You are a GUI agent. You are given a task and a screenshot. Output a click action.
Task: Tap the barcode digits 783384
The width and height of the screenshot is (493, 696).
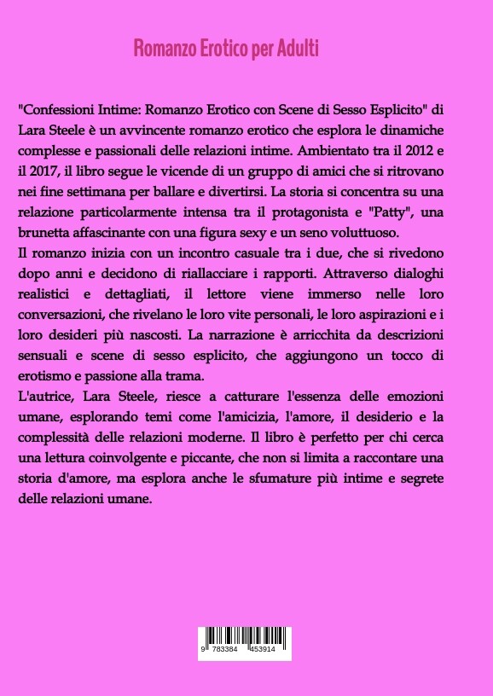[x=223, y=649]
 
